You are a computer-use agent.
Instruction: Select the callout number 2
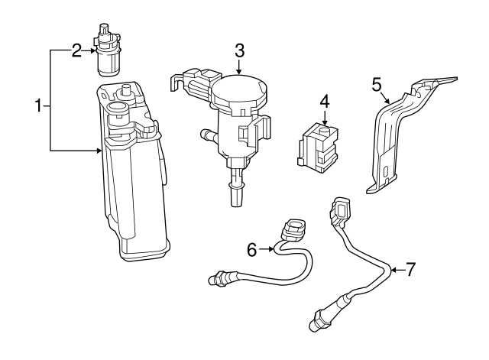[76, 51]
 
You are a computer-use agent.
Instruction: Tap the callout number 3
[239, 50]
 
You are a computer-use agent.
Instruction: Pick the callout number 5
[377, 83]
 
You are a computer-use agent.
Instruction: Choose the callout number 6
[251, 248]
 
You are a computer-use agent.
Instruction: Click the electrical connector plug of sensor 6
[295, 227]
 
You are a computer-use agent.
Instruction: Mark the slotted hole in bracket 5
[386, 171]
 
